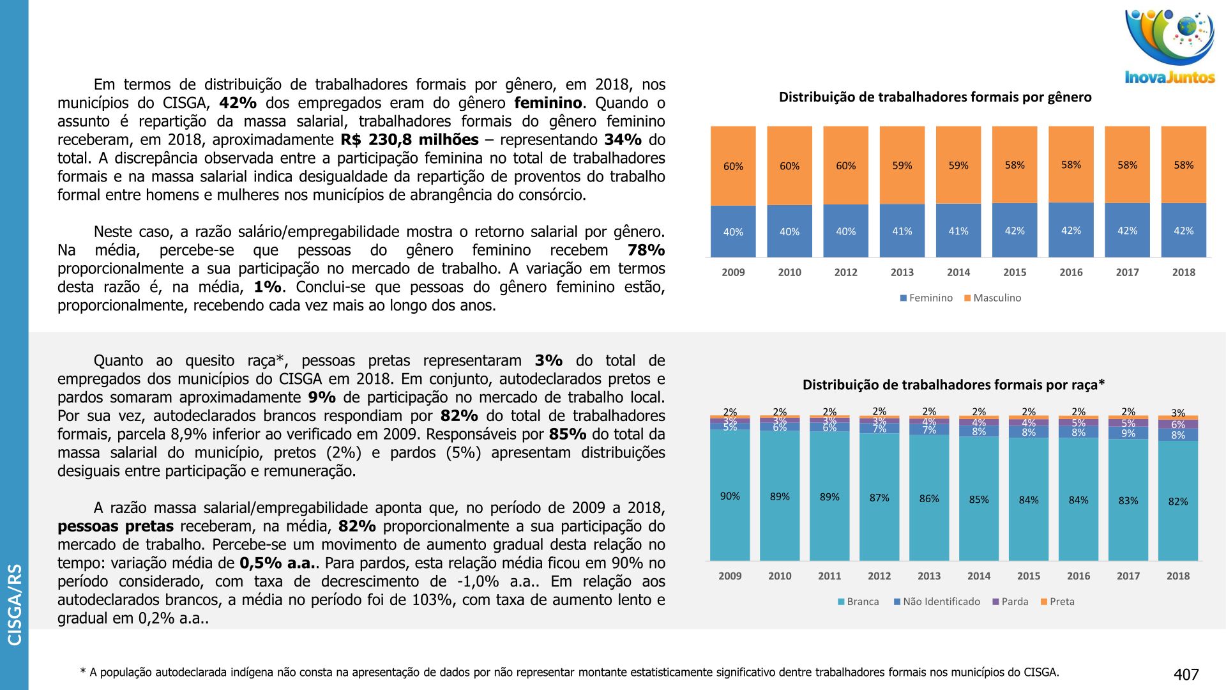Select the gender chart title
935,97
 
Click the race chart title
953,385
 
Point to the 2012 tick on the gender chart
845,272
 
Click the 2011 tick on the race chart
829,576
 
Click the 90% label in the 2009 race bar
730,496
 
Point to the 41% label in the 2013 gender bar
902,231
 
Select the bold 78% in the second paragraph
646,250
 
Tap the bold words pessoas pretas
116,526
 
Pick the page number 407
1186,675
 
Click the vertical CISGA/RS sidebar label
15,604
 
